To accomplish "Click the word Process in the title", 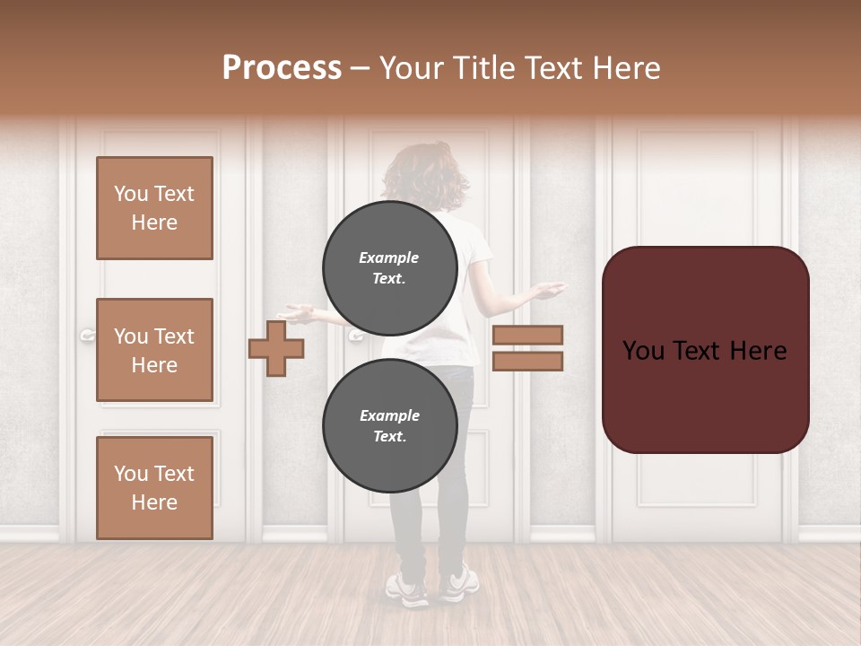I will pos(282,68).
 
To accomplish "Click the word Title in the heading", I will pos(483,68).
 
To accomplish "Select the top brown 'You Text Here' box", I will pos(154,208).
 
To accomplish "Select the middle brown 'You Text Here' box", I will pos(154,350).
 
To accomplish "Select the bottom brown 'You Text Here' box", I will pos(154,487).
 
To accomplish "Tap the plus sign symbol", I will pos(276,348).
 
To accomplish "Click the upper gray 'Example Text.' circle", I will pos(389,267).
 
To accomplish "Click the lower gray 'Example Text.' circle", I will pos(389,425).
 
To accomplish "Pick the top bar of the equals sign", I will pos(527,335).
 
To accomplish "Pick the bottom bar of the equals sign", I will pos(527,362).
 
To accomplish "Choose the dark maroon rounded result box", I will pos(705,350).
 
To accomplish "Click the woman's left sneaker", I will pos(408,588).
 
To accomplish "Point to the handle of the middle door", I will pos(356,336).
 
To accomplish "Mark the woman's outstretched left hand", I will pos(296,313).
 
